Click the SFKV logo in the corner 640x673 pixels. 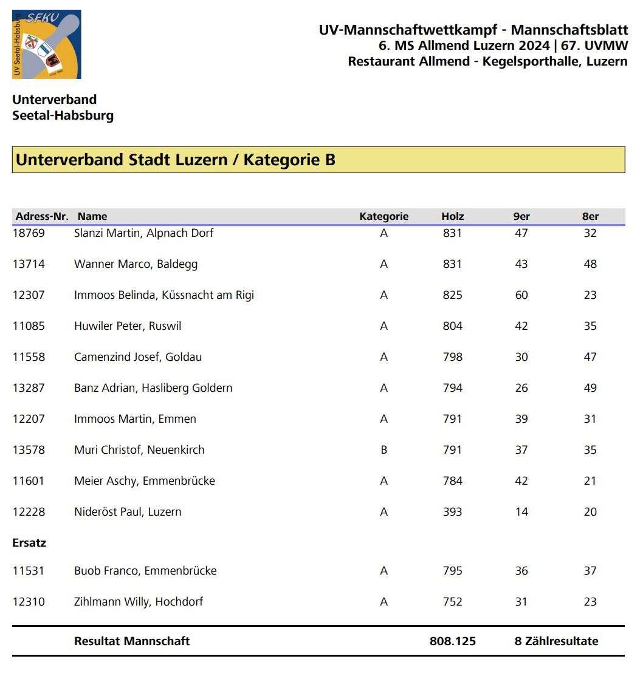pyautogui.click(x=46, y=44)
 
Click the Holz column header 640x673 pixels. pyautogui.click(x=452, y=216)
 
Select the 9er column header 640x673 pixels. pyautogui.click(x=521, y=216)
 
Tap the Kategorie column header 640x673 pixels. pyautogui.click(x=384, y=216)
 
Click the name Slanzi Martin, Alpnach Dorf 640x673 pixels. pyautogui.click(x=143, y=233)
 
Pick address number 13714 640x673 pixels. pyautogui.click(x=29, y=264)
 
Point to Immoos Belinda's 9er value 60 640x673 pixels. pyautogui.click(x=521, y=295)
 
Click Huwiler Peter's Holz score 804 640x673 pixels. pyautogui.click(x=452, y=326)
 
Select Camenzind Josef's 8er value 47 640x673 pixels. pyautogui.click(x=590, y=357)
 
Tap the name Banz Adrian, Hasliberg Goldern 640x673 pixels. pyautogui.click(x=153, y=388)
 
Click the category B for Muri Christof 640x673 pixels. pyautogui.click(x=384, y=450)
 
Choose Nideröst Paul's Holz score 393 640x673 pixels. pyautogui.click(x=452, y=512)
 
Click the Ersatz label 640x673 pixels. pyautogui.click(x=29, y=543)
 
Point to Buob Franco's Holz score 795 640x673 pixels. pyautogui.click(x=452, y=571)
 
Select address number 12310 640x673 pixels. pyautogui.click(x=29, y=602)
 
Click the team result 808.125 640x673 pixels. pyautogui.click(x=452, y=641)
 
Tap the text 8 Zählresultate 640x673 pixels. pyautogui.click(x=556, y=641)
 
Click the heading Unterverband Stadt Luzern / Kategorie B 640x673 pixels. pyautogui.click(x=176, y=160)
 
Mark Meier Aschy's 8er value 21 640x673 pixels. pyautogui.click(x=590, y=481)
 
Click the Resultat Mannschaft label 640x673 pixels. pyautogui.click(x=132, y=641)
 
